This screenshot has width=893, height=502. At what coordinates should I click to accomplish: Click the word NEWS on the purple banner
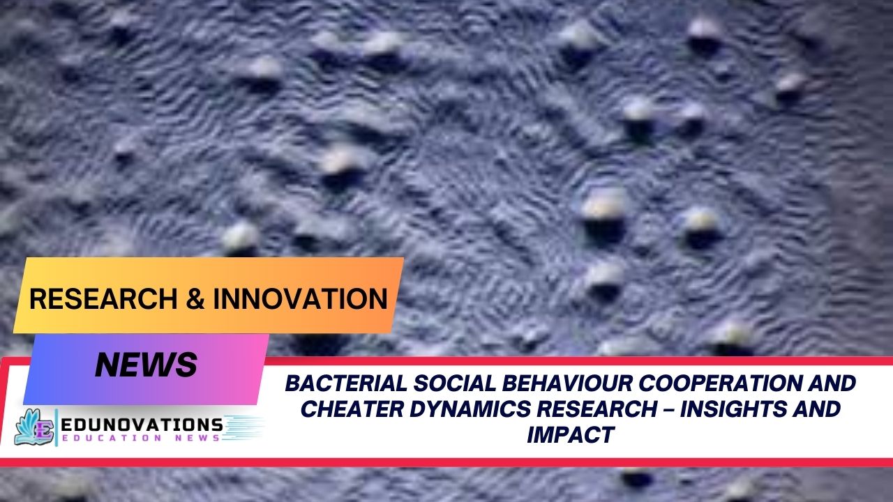click(x=146, y=365)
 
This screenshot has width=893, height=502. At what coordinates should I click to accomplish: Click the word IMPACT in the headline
click(x=571, y=434)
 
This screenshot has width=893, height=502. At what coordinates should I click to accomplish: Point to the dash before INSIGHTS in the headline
click(x=669, y=409)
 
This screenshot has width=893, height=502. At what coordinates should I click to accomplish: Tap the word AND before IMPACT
click(x=814, y=409)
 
